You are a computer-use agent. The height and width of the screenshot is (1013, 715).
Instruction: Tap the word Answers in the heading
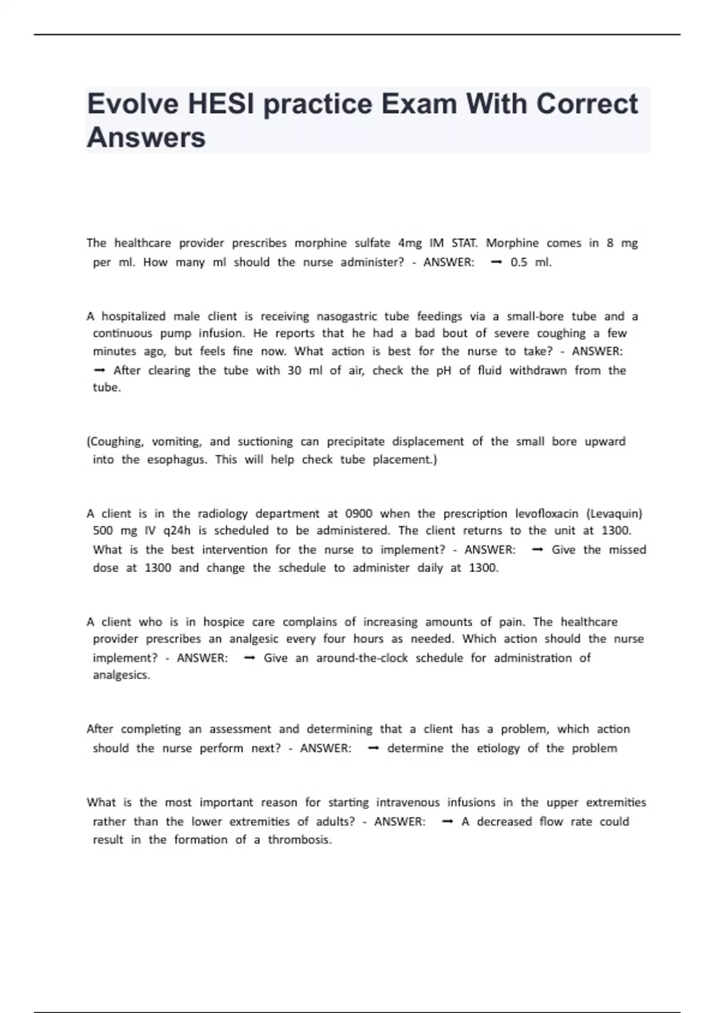[146, 138]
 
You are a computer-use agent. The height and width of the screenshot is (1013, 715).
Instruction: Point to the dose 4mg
[409, 243]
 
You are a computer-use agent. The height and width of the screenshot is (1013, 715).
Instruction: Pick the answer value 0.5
[518, 262]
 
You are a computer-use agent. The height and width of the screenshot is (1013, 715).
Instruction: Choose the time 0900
[359, 514]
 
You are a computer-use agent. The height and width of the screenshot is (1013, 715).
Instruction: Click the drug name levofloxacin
[546, 514]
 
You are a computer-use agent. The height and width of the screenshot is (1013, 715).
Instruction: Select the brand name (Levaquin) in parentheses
[614, 514]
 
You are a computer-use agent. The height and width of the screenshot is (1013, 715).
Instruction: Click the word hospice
[223, 622]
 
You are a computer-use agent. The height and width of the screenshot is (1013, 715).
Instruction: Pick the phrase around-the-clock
[362, 658]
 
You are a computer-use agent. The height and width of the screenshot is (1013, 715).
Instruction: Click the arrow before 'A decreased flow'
[448, 822]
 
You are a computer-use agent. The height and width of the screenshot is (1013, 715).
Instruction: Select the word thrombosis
[299, 840]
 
